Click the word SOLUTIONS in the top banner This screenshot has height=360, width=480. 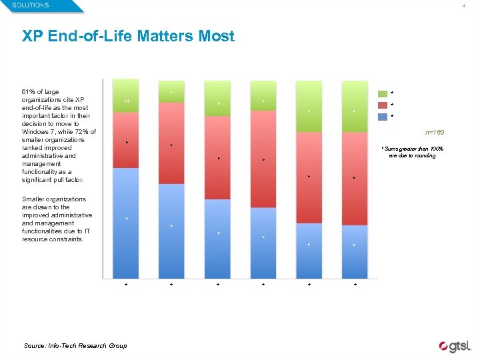tap(30, 5)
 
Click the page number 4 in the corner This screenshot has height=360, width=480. tap(463, 6)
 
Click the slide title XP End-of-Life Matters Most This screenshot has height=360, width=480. tap(128, 36)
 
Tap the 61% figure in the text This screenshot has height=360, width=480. tap(29, 91)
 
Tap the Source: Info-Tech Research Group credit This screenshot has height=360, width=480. tap(75, 345)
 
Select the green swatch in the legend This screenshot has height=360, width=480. tap(383, 94)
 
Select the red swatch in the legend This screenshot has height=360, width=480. tap(383, 105)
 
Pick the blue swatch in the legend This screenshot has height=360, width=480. tap(383, 117)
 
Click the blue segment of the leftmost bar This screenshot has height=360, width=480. tap(126, 223)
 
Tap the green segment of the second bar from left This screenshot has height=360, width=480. tap(171, 91)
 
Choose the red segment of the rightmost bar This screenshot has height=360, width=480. tap(354, 178)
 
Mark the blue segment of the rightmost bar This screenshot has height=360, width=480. tap(354, 251)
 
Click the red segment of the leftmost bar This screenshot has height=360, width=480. tap(126, 140)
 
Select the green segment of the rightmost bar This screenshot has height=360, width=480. tap(354, 107)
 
